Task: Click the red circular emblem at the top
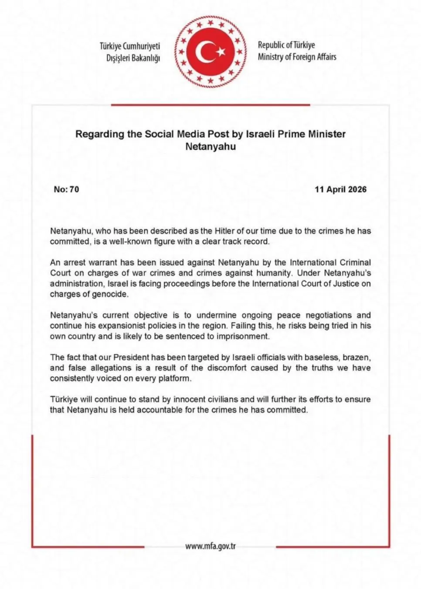point(210,52)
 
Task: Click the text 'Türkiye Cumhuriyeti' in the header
point(130,46)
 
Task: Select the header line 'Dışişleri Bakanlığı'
point(133,58)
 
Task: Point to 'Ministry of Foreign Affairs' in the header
point(297,57)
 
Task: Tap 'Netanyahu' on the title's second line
point(210,147)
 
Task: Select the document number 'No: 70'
point(66,189)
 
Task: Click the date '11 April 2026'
point(340,189)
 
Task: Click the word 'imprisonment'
point(245,336)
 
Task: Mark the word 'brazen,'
point(356,357)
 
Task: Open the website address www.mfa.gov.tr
point(210,546)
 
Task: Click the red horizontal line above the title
point(210,105)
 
